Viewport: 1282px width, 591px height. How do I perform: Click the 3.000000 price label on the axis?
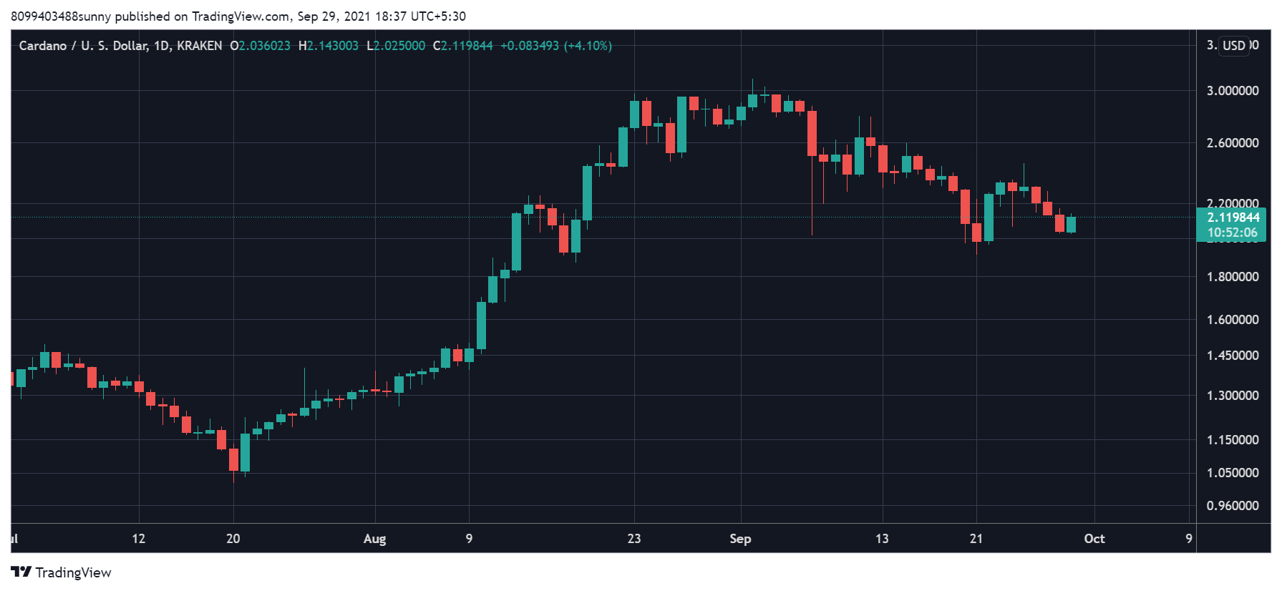pyautogui.click(x=1233, y=91)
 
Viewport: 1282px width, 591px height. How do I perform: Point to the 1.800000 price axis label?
pyautogui.click(x=1233, y=277)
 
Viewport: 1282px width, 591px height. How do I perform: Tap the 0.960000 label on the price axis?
pyautogui.click(x=1233, y=506)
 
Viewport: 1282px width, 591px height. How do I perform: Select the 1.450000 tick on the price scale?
pyautogui.click(x=1233, y=356)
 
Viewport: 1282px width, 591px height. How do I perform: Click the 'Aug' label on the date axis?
pyautogui.click(x=374, y=539)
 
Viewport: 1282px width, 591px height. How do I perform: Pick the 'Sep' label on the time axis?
pyautogui.click(x=740, y=539)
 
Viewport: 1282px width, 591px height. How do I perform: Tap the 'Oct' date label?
pyautogui.click(x=1094, y=539)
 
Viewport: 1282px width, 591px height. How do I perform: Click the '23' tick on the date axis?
pyautogui.click(x=634, y=539)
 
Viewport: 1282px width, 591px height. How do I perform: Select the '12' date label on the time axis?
pyautogui.click(x=139, y=539)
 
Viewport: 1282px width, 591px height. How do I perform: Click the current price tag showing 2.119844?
pyautogui.click(x=1233, y=218)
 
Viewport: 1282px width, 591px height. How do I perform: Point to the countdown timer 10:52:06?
pyautogui.click(x=1233, y=233)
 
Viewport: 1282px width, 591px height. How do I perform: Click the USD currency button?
pyautogui.click(x=1234, y=46)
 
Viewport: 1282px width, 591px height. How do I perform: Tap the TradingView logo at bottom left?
pyautogui.click(x=62, y=572)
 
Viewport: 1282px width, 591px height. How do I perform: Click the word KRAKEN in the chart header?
pyautogui.click(x=200, y=46)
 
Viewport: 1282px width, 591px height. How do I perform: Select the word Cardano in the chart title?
pyautogui.click(x=43, y=46)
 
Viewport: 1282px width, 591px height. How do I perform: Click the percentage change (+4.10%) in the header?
pyautogui.click(x=588, y=46)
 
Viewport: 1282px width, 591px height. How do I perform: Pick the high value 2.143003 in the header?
pyautogui.click(x=333, y=46)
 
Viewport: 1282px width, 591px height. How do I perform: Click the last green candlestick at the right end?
pyautogui.click(x=1071, y=225)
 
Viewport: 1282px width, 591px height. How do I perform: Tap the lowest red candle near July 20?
pyautogui.click(x=233, y=459)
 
